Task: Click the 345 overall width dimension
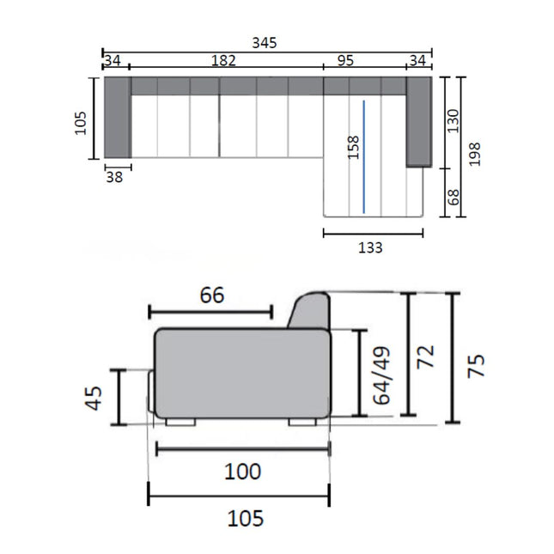(265, 43)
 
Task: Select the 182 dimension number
(223, 61)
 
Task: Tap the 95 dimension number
(345, 61)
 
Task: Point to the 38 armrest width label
(114, 177)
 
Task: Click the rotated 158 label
(353, 148)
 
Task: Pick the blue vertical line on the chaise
(364, 157)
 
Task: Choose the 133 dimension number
(370, 247)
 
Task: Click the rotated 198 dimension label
(474, 154)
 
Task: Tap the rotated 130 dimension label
(453, 121)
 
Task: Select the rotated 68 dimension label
(453, 198)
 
